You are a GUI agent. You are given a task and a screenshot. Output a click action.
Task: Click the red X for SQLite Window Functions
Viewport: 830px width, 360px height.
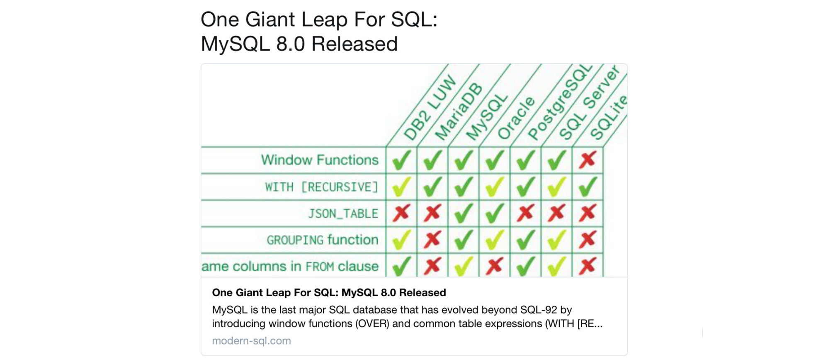(587, 160)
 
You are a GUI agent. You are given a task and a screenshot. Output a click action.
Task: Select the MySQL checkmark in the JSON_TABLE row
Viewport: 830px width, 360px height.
(464, 213)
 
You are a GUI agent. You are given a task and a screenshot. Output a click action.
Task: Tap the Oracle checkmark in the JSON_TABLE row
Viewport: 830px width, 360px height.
(495, 213)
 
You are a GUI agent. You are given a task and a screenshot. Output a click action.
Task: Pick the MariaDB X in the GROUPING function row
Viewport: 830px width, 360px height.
(432, 240)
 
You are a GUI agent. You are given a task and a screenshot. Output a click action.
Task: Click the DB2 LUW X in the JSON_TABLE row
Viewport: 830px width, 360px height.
(401, 213)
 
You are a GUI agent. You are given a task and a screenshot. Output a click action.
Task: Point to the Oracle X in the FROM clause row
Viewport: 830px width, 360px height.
(495, 266)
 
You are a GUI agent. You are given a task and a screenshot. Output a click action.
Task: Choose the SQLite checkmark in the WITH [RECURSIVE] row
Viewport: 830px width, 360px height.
(587, 187)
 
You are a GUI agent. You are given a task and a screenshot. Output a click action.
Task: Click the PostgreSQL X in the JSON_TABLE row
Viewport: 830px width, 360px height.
(526, 213)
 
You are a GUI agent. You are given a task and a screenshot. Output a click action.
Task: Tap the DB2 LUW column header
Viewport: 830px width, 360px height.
(430, 108)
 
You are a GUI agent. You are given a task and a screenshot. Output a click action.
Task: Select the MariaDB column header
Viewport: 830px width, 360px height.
(459, 112)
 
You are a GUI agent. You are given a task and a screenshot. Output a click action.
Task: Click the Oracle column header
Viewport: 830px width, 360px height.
(516, 118)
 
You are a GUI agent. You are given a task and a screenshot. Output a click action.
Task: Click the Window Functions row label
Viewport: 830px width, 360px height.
(320, 160)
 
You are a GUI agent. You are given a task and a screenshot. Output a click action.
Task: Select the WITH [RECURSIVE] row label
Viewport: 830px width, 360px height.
(322, 187)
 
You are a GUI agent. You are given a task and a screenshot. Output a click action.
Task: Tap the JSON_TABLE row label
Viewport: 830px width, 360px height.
(343, 214)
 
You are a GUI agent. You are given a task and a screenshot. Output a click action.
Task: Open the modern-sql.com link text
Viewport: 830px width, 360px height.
(251, 341)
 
